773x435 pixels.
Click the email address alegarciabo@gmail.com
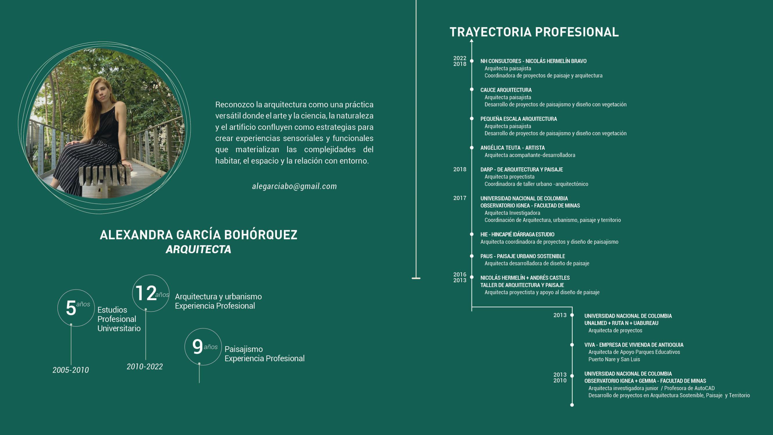click(294, 186)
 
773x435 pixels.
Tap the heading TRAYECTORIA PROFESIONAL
click(534, 32)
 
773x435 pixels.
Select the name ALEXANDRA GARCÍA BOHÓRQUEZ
click(198, 235)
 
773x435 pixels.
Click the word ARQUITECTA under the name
click(198, 249)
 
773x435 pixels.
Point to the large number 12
click(146, 293)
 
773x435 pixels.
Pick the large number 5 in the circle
click(71, 308)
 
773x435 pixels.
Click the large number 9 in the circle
click(197, 346)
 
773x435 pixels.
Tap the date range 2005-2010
click(70, 370)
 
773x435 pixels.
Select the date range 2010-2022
click(145, 367)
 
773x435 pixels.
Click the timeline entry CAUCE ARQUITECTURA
click(506, 90)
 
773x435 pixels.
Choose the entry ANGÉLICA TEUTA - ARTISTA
click(512, 148)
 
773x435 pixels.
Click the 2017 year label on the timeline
click(459, 198)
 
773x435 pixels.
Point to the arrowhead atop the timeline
click(471, 41)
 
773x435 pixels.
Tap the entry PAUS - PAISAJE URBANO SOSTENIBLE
click(522, 256)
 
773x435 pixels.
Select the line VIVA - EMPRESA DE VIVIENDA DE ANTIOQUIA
click(634, 345)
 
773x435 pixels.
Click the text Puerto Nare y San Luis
click(614, 359)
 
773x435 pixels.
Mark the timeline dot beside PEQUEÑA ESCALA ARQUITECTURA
click(472, 119)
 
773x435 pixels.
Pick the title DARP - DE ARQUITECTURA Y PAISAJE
click(521, 169)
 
